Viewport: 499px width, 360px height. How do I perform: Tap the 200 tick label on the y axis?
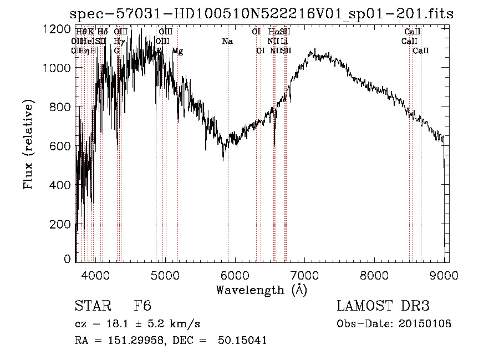click(x=62, y=224)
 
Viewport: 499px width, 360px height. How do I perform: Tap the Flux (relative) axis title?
click(x=28, y=144)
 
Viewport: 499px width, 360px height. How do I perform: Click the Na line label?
click(x=227, y=42)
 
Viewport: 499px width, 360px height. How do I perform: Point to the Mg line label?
click(x=177, y=51)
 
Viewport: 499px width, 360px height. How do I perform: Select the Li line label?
click(x=284, y=42)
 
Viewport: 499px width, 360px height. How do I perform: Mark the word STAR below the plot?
click(x=91, y=306)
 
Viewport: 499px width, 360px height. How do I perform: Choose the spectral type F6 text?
click(x=142, y=306)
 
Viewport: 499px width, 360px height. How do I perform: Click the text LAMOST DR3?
click(x=383, y=306)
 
